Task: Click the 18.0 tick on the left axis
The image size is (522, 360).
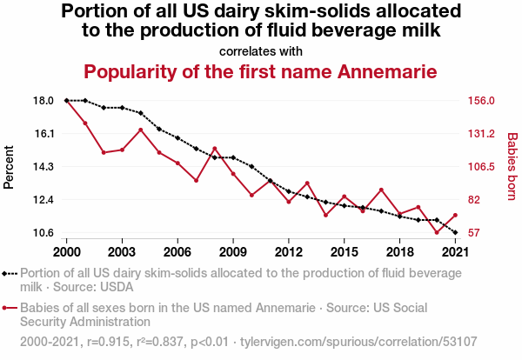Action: click(43, 101)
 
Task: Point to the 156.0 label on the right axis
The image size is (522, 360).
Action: click(481, 101)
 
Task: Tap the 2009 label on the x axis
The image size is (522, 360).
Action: click(233, 252)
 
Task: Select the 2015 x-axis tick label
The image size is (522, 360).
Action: click(345, 252)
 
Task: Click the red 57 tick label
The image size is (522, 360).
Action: click(474, 232)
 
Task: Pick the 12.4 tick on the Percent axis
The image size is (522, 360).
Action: click(43, 200)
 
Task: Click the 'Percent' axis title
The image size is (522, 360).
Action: click(9, 167)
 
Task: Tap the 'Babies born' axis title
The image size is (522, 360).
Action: click(512, 166)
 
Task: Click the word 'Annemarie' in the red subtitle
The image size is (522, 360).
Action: click(387, 71)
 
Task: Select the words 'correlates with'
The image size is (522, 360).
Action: click(261, 51)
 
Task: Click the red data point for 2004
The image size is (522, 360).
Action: click(140, 130)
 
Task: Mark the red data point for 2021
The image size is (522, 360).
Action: click(455, 216)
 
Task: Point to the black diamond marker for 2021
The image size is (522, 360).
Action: click(455, 232)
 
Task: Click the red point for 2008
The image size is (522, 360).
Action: click(215, 149)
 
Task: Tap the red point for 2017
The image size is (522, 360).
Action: click(381, 190)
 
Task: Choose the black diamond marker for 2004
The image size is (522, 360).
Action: click(140, 113)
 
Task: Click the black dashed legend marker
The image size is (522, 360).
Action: click(10, 274)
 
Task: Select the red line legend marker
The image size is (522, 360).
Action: click(10, 308)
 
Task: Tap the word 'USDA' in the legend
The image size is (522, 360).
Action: click(117, 287)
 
